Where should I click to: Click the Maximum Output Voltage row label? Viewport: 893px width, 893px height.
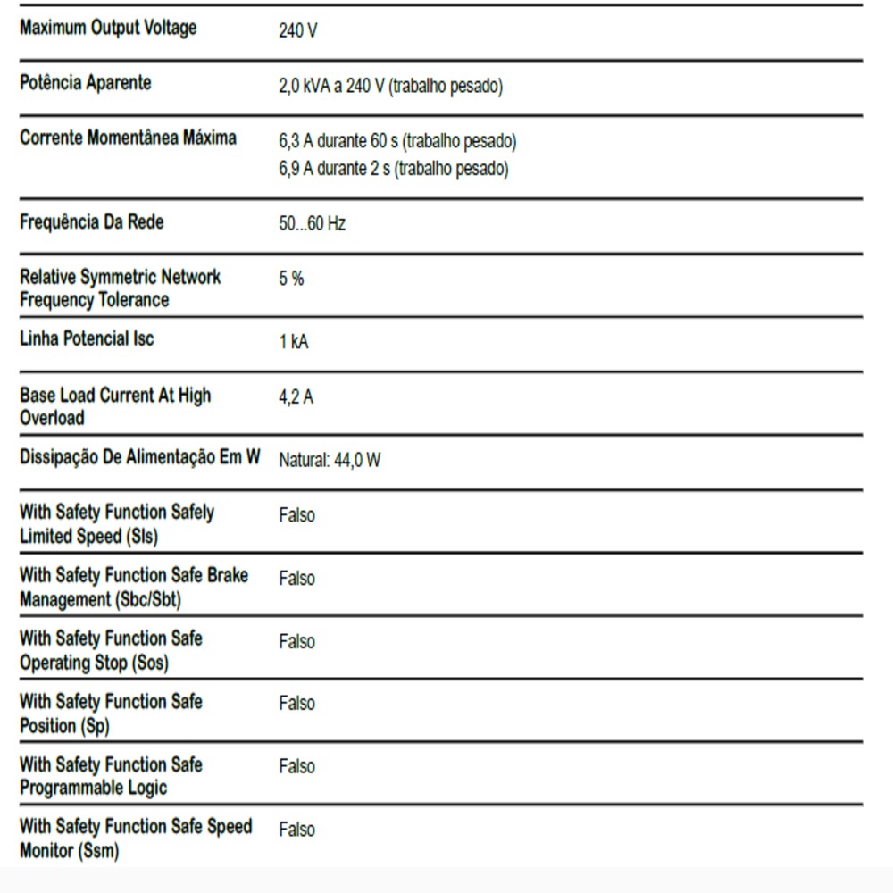pyautogui.click(x=108, y=29)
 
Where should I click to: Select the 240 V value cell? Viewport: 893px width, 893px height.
pyautogui.click(x=297, y=31)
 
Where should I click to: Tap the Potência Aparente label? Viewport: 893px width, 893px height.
pyautogui.click(x=86, y=84)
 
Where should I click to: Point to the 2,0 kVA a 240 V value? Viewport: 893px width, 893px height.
pyautogui.click(x=390, y=87)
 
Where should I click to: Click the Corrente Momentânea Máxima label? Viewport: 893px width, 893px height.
pyautogui.click(x=128, y=138)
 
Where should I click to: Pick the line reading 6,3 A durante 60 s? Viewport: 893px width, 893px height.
pyautogui.click(x=397, y=141)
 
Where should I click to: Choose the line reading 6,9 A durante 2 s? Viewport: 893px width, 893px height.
pyautogui.click(x=393, y=169)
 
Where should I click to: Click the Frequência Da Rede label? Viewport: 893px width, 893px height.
pyautogui.click(x=92, y=222)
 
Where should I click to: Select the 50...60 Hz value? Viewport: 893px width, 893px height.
pyautogui.click(x=312, y=224)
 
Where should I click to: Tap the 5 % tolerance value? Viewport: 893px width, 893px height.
pyautogui.click(x=291, y=279)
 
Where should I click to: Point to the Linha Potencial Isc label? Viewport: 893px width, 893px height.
pyautogui.click(x=87, y=339)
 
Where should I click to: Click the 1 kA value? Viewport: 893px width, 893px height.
pyautogui.click(x=294, y=342)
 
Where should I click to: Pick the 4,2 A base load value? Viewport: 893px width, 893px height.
pyautogui.click(x=296, y=397)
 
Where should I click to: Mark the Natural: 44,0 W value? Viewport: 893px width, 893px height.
pyautogui.click(x=330, y=461)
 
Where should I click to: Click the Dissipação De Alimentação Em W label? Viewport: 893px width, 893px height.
pyautogui.click(x=140, y=458)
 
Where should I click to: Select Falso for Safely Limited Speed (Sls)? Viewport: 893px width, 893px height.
pyautogui.click(x=296, y=515)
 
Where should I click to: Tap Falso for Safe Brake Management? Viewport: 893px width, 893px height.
pyautogui.click(x=296, y=579)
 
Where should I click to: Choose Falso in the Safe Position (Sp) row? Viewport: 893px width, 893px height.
pyautogui.click(x=296, y=704)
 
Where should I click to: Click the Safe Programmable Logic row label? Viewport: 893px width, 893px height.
pyautogui.click(x=111, y=776)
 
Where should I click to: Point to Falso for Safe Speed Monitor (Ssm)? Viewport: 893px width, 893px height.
pyautogui.click(x=296, y=830)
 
